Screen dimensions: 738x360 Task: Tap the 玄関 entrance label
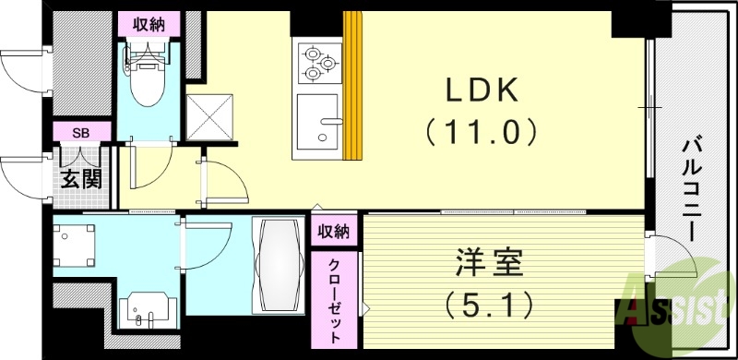pyautogui.click(x=81, y=181)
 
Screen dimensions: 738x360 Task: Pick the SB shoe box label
pyautogui.click(x=81, y=133)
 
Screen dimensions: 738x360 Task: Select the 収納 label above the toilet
pyautogui.click(x=144, y=25)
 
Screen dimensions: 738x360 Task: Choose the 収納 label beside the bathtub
pyautogui.click(x=335, y=230)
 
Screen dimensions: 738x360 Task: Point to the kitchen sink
pyautogui.click(x=318, y=124)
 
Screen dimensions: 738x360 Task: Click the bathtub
pyautogui.click(x=278, y=265)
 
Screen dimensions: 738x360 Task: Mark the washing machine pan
pyautogui.click(x=75, y=246)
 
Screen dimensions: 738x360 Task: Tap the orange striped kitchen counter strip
pyautogui.click(x=351, y=88)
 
